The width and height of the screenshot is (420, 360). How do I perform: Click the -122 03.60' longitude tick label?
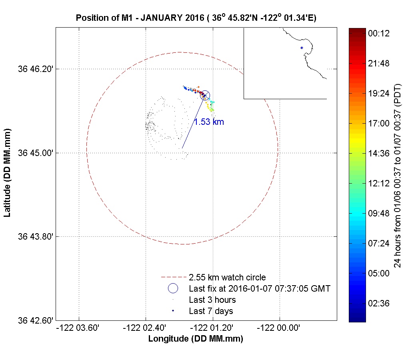(x=79, y=328)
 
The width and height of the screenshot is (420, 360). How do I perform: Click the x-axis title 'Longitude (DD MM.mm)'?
(x=196, y=339)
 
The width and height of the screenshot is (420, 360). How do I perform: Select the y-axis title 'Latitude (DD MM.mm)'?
(x=7, y=173)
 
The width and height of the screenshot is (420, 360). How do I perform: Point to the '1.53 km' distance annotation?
(x=209, y=122)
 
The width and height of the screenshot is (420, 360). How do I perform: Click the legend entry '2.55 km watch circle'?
(x=227, y=277)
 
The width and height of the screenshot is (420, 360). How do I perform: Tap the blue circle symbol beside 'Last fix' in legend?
(x=173, y=288)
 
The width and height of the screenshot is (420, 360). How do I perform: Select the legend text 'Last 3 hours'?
(x=212, y=300)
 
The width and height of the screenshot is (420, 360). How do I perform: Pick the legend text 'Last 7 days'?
(x=211, y=311)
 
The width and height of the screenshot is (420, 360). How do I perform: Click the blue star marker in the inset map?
(x=302, y=48)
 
